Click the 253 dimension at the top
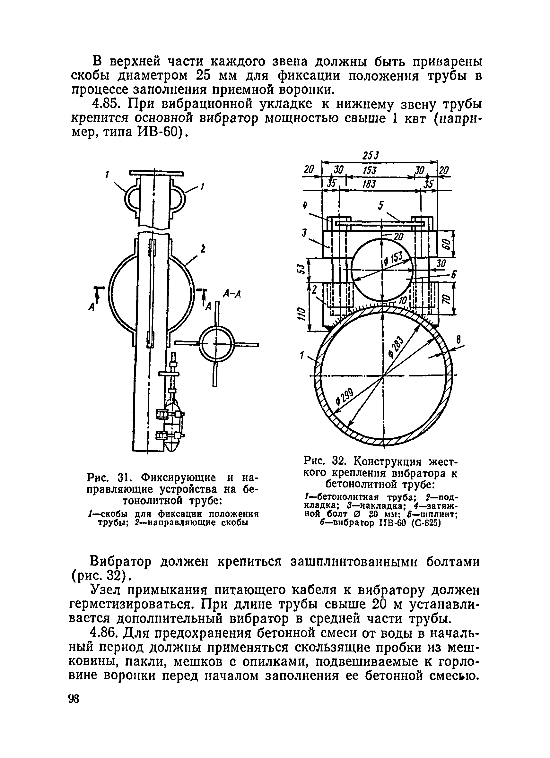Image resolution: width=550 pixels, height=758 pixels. (371, 156)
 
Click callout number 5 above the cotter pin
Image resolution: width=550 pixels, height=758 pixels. (380, 205)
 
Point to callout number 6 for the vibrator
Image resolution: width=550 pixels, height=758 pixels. (453, 275)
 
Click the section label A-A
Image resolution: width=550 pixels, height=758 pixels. (232, 294)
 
